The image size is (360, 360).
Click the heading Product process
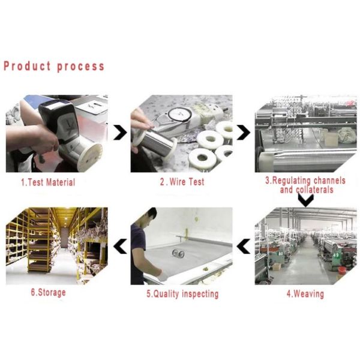point(54,66)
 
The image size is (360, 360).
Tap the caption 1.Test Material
point(48,182)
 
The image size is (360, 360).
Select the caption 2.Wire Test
point(182,182)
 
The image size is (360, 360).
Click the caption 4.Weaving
point(305,293)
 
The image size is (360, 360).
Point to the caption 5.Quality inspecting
point(182,294)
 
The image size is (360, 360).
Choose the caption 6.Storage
point(48,293)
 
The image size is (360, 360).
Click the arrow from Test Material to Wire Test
point(120,133)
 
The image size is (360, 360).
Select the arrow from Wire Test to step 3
point(244,133)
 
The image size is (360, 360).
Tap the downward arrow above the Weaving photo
point(306,200)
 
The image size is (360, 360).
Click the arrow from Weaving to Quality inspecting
point(244,246)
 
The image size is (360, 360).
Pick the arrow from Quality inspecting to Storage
point(120,246)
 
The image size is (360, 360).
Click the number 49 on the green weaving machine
point(336,255)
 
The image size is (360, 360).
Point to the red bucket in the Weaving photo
point(342,270)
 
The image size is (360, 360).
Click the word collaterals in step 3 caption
point(315,190)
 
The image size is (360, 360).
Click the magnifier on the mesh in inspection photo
point(178,253)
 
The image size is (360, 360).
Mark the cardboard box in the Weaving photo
point(277,266)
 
